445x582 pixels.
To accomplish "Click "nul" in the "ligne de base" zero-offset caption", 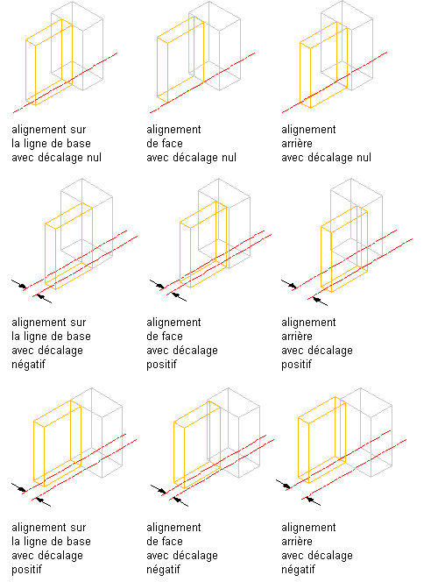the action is (94, 158).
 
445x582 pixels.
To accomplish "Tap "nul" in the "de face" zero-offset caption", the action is (229, 158).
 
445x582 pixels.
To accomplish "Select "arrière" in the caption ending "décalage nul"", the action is (297, 143).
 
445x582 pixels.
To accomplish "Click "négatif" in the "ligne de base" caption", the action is (28, 365).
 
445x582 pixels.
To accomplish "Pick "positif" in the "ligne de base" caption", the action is (26, 570).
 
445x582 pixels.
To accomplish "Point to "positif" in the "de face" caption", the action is (161, 365).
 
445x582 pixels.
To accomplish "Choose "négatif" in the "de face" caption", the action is (163, 570).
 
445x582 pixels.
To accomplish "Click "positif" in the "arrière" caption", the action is (296, 365).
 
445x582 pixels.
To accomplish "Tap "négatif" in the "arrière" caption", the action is (298, 570).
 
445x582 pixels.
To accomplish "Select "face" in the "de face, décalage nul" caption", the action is (173, 143).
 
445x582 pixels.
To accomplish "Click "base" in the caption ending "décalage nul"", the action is (81, 143).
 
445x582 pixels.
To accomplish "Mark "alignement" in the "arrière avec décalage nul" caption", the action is (308, 130).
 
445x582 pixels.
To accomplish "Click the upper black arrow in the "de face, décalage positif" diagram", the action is (157, 284).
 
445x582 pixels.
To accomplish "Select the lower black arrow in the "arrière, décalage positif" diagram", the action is (320, 301).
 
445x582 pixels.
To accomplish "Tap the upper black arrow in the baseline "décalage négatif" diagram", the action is (19, 284).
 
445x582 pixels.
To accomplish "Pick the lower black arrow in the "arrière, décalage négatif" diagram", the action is (313, 500).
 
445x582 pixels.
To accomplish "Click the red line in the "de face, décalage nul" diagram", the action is (202, 82).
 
